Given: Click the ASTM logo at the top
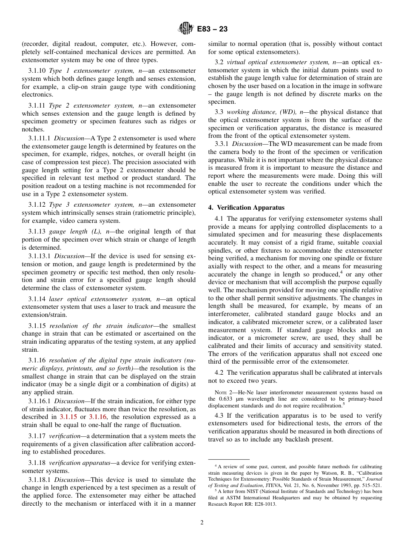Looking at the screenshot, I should [x=185, y=29].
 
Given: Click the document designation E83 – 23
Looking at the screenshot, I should [x=212, y=29].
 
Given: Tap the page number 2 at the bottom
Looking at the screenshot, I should [x=202, y=523].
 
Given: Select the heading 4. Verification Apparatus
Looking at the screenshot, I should [x=246, y=208].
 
